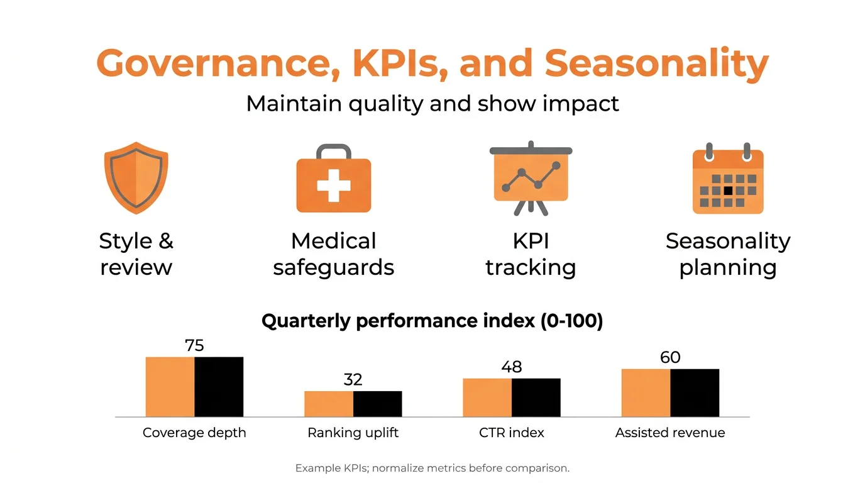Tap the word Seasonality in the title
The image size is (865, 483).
point(656,64)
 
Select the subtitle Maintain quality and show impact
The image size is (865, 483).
point(432,103)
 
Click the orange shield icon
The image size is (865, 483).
point(136,177)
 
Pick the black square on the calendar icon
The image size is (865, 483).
point(728,190)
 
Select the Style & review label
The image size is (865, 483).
point(136,254)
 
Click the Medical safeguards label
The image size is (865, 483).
point(333,254)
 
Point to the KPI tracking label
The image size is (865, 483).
point(531,254)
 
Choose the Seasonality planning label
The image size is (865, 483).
point(728,254)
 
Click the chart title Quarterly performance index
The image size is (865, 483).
point(432,321)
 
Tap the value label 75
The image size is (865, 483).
point(194,345)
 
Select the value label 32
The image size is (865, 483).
point(353,380)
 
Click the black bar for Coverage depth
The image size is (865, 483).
point(219,387)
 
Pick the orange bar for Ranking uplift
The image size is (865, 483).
point(329,404)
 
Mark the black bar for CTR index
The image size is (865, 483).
point(536,397)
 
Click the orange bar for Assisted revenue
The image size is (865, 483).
point(646,393)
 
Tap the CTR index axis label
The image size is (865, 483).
point(511,433)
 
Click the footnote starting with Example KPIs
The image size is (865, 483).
point(432,469)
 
